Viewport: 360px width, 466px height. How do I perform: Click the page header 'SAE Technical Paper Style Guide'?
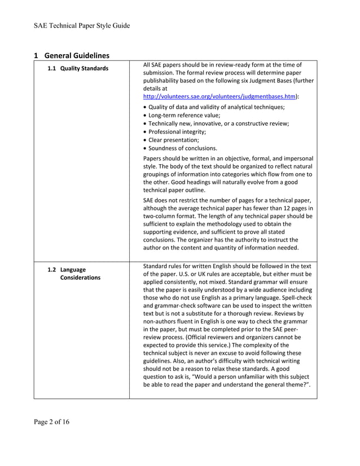[82, 25]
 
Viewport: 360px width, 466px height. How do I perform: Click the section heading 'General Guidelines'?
[76, 55]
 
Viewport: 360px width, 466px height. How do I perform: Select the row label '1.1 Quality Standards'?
[78, 69]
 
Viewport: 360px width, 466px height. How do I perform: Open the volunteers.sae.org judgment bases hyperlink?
[219, 96]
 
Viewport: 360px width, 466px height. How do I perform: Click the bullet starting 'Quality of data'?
[214, 107]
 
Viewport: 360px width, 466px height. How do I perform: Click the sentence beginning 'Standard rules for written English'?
[226, 266]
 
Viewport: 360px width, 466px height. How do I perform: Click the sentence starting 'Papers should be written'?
[226, 159]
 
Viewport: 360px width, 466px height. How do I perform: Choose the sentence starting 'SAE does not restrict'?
[226, 200]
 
